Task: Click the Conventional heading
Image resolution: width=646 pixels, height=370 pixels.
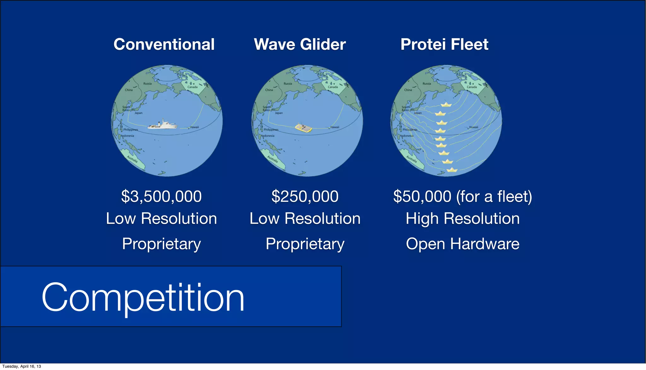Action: click(164, 44)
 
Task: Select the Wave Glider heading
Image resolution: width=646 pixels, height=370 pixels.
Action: click(300, 44)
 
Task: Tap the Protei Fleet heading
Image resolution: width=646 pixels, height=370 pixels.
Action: click(444, 44)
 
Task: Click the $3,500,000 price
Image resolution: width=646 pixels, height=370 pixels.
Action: click(161, 196)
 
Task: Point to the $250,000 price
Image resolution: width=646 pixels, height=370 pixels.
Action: click(305, 196)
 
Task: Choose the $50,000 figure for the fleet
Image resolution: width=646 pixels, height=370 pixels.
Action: click(422, 196)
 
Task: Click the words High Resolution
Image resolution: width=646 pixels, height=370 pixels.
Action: click(462, 218)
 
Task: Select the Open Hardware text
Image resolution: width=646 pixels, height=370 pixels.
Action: click(462, 244)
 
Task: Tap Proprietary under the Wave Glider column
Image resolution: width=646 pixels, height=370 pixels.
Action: click(305, 244)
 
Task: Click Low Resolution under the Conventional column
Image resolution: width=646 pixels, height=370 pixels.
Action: click(161, 218)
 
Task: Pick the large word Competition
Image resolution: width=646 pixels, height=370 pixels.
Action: click(143, 297)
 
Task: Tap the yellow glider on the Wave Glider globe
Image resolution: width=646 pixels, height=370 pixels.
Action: click(303, 128)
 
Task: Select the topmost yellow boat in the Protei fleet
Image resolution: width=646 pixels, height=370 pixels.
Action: click(446, 105)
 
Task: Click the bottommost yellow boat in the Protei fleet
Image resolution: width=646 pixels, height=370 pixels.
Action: click(452, 170)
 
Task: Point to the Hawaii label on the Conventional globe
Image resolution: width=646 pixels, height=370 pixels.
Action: click(194, 127)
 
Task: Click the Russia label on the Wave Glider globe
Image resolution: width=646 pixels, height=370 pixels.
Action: click(288, 84)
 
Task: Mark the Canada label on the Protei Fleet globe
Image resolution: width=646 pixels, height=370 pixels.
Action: click(472, 87)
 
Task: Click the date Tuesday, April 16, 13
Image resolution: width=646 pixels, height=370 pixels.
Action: click(21, 366)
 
